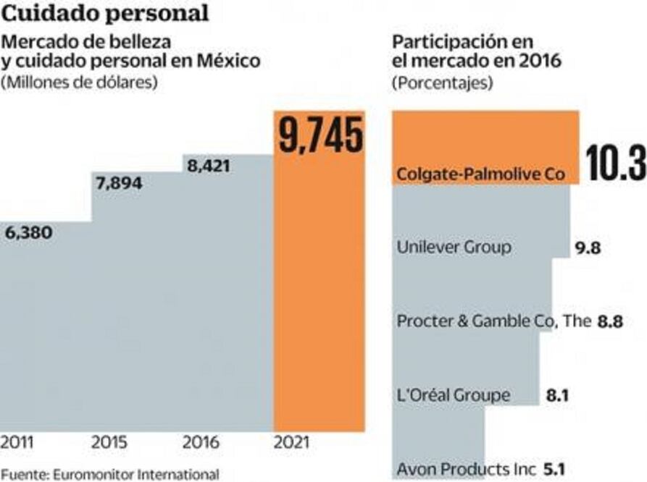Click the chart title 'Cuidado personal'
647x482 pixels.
(105, 13)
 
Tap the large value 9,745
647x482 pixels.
(320, 137)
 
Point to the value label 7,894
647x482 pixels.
(118, 183)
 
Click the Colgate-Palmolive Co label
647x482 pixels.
(480, 174)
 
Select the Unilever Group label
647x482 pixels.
(454, 247)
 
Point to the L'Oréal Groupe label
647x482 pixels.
(454, 395)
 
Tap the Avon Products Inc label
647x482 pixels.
(467, 469)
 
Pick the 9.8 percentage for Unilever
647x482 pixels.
(587, 248)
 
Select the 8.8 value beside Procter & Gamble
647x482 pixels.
(610, 322)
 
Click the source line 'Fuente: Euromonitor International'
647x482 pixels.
(109, 475)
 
